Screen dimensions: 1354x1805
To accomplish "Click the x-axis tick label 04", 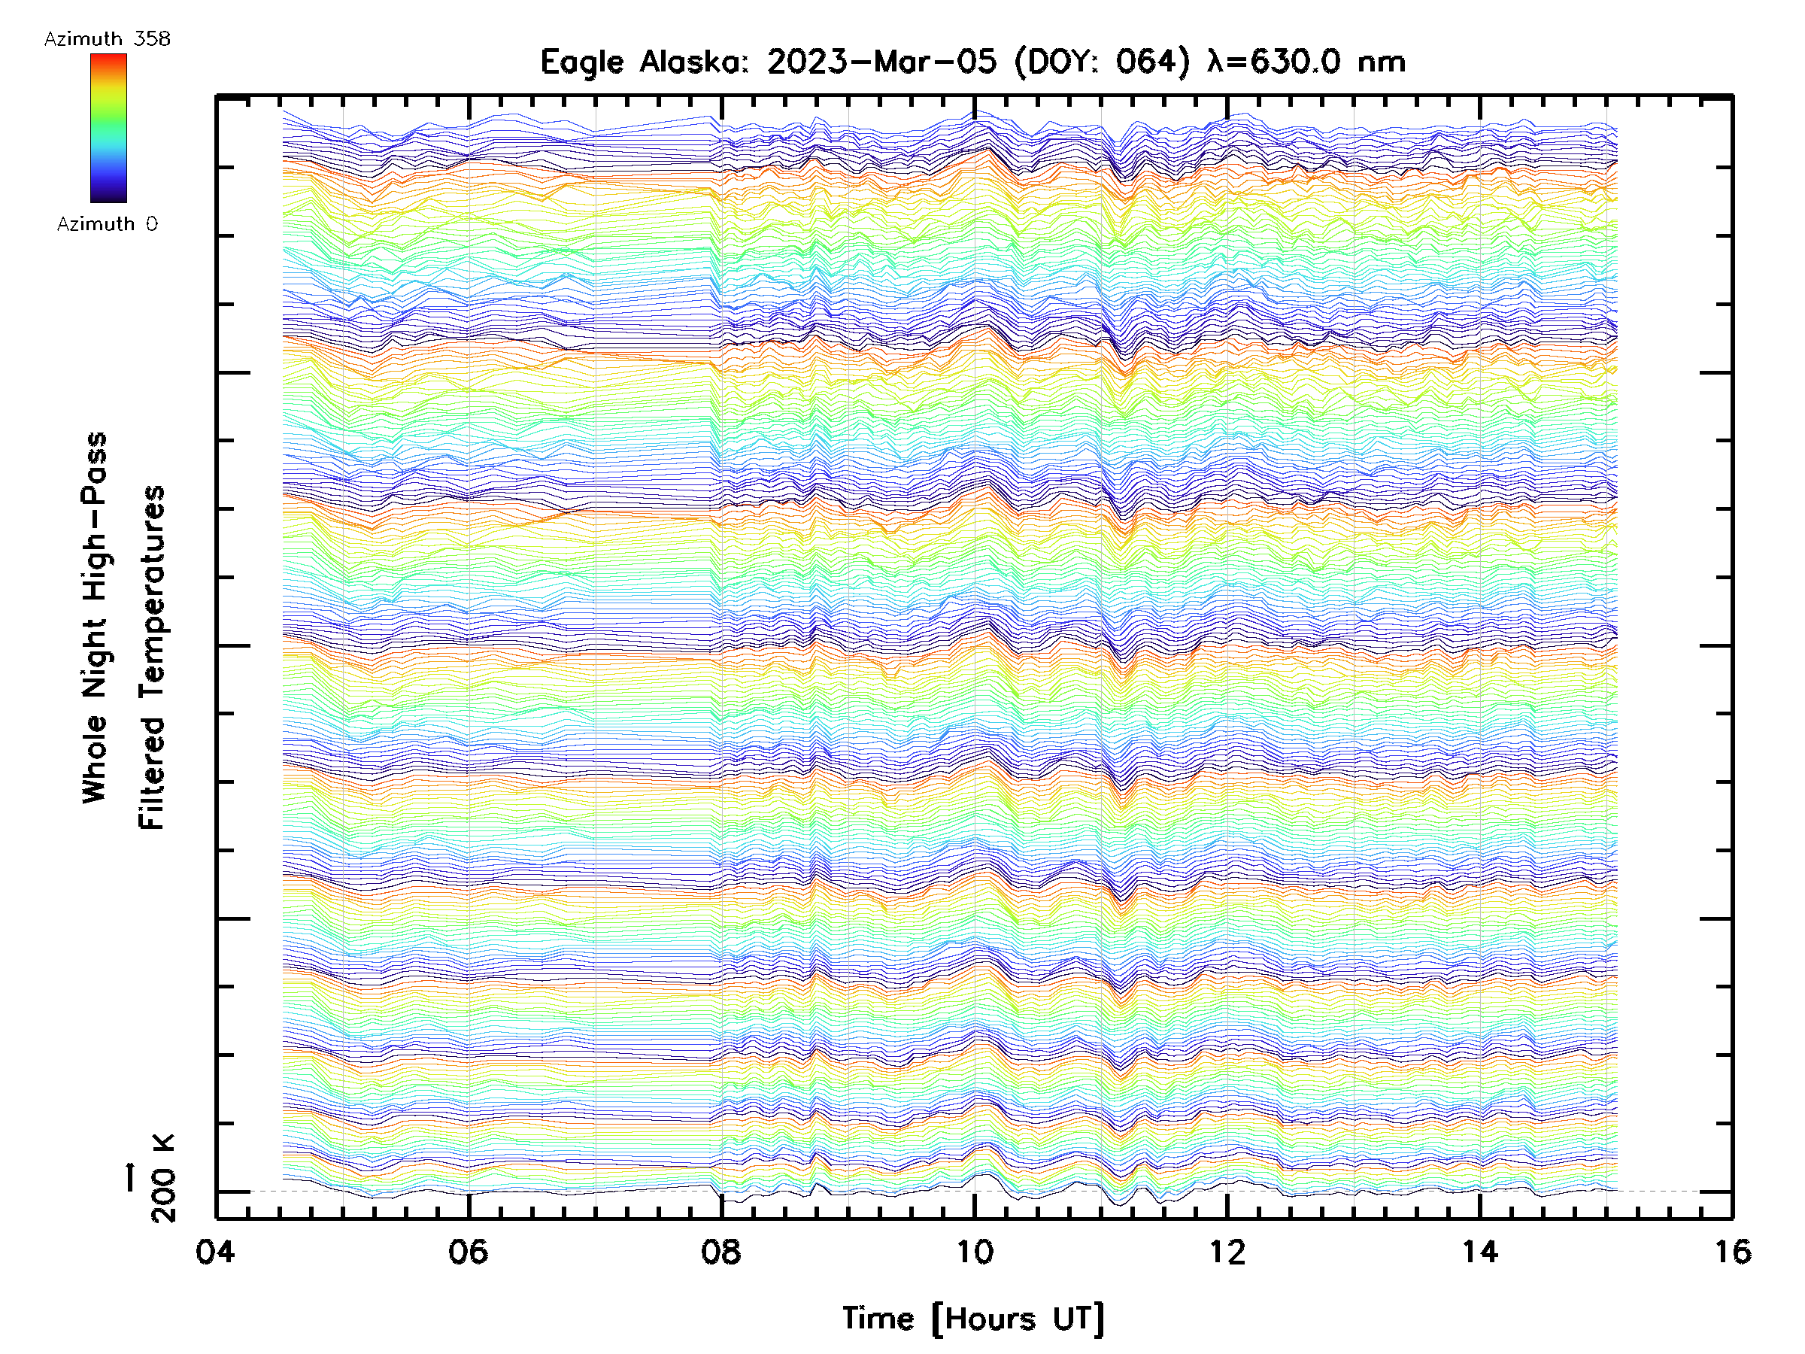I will click(214, 1251).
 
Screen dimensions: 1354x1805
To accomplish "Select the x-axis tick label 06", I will click(468, 1251).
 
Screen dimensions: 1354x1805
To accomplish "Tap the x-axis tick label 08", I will click(720, 1251).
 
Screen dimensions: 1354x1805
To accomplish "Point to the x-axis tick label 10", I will click(973, 1251).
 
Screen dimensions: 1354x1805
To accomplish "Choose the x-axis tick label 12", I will click(1227, 1251).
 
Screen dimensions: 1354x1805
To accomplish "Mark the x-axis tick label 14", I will click(1479, 1251).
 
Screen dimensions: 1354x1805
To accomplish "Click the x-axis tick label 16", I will click(1731, 1251).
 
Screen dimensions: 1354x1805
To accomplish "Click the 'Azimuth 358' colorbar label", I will click(107, 39).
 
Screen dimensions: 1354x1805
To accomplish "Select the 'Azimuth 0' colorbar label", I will click(107, 223).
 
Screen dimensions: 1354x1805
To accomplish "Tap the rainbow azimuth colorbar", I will click(108, 128).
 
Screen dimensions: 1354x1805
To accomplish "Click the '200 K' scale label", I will click(163, 1178).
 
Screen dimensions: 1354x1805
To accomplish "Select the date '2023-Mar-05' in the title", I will click(882, 62).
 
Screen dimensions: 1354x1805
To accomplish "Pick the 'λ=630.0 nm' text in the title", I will click(1306, 62).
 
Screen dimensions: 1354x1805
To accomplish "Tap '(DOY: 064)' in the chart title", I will click(1103, 62).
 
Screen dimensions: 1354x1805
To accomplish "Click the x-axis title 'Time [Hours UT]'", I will click(973, 1319).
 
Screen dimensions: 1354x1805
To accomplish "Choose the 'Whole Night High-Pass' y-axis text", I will click(95, 618).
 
